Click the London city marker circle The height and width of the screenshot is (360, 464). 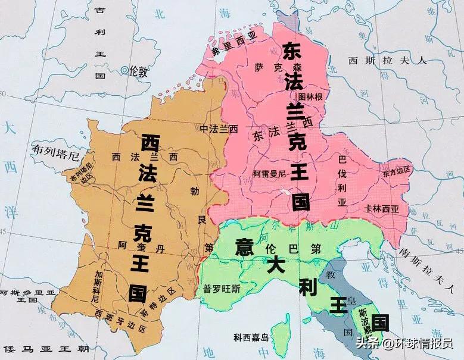pos(124,70)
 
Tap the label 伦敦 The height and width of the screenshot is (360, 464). pos(139,71)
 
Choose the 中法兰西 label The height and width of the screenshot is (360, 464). pos(219,129)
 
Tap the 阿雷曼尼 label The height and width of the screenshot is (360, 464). pos(270,174)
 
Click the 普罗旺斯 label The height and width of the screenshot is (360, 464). pos(223,288)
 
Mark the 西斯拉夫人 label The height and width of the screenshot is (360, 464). pos(388,60)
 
